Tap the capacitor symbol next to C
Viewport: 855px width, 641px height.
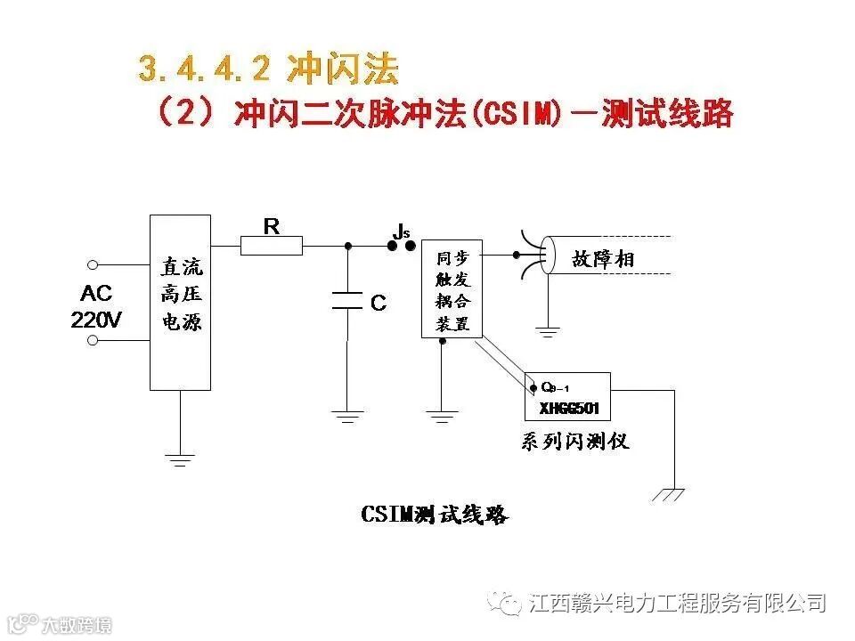[x=347, y=302]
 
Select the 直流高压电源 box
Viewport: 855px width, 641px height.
[x=180, y=302]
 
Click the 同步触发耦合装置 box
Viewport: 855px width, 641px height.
[x=452, y=288]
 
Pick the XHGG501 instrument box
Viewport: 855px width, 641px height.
[x=567, y=396]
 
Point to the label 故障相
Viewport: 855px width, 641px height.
[x=603, y=259]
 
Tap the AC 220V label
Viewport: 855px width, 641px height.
[x=97, y=307]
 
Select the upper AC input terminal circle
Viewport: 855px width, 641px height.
[x=92, y=264]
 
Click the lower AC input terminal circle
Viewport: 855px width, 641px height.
[x=92, y=340]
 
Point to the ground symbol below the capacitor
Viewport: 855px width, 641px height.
[x=347, y=416]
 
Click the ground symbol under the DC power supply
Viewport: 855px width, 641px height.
[x=180, y=459]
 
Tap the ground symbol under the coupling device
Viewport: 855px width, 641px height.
[x=443, y=416]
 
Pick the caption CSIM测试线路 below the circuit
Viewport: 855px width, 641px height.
[x=435, y=515]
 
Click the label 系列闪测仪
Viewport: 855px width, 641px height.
[x=574, y=441]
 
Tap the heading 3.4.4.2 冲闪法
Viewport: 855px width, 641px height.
[x=268, y=69]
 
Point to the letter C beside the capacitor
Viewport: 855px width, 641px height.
[x=379, y=304]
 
